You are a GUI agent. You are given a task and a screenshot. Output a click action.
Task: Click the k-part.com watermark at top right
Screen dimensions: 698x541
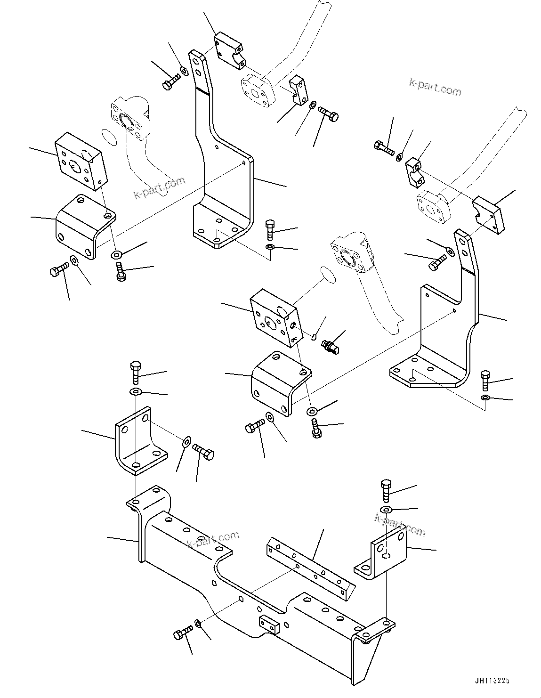coord(435,87)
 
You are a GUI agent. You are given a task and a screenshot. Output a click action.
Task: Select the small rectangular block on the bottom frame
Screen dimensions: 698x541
coord(268,625)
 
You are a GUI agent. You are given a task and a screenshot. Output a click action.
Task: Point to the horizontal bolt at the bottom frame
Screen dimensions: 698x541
coord(183,633)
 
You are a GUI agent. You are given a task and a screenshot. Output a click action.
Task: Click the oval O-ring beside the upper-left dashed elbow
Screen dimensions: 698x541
coord(109,137)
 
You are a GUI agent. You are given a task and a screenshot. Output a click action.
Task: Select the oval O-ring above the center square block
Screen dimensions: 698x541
coord(327,275)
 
